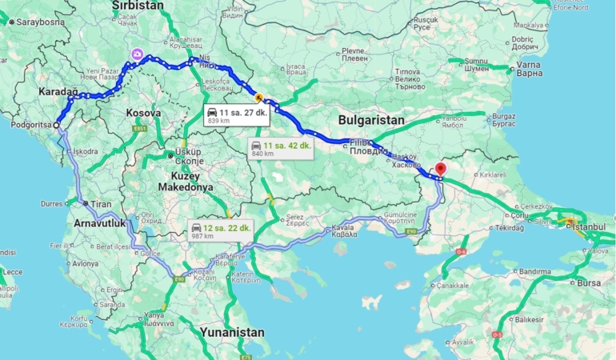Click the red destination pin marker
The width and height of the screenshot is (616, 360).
tap(439, 170)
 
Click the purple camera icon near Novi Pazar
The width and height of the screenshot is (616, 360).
tap(138, 54)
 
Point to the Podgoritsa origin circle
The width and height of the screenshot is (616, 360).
tap(56, 125)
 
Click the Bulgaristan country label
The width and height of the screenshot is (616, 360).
tap(371, 119)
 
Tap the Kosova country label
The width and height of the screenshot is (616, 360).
tap(143, 114)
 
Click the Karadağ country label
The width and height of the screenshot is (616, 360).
tap(58, 93)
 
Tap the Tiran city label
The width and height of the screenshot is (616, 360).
tap(100, 204)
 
